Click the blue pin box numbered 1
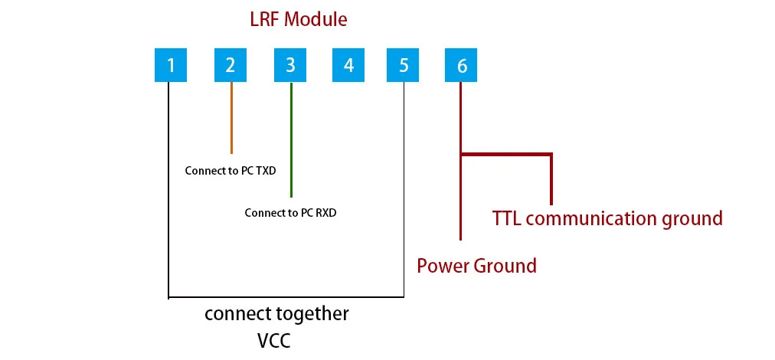pos(171,65)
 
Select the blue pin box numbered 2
pos(231,65)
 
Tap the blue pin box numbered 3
pos(290,65)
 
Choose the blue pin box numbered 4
pos(349,65)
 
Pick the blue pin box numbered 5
pos(404,65)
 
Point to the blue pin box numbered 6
pos(461,65)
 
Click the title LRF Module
pos(298,19)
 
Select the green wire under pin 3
pos(291,138)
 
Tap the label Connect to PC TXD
pos(231,171)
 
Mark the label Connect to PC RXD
pos(290,213)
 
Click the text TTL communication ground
pos(607,218)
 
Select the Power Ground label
pos(476,266)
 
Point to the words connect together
pos(276,313)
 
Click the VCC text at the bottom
pos(274,339)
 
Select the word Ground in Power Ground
pos(505,266)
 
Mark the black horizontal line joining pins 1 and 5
pos(286,296)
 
